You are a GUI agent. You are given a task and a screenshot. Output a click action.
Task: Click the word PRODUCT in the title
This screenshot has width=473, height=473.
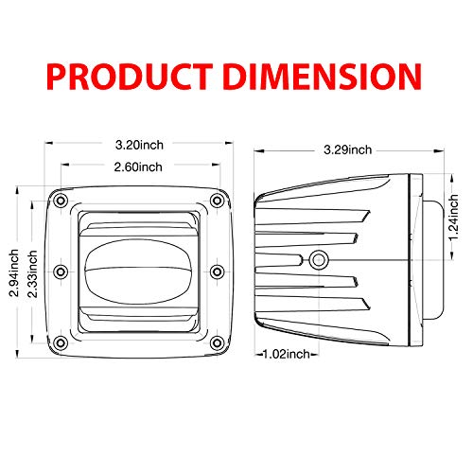[131, 75]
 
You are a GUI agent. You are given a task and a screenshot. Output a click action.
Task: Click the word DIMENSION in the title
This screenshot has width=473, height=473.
[319, 75]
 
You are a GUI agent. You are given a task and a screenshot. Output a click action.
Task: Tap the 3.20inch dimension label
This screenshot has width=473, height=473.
[138, 146]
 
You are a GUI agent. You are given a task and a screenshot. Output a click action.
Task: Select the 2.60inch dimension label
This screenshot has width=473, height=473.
[138, 167]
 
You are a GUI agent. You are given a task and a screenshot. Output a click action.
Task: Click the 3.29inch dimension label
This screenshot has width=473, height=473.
[346, 149]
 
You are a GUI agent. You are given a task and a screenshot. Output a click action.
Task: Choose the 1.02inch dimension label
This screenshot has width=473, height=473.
[286, 354]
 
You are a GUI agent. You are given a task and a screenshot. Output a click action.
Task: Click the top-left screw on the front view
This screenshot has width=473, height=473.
[61, 202]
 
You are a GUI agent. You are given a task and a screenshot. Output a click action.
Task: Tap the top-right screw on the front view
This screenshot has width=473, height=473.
[218, 202]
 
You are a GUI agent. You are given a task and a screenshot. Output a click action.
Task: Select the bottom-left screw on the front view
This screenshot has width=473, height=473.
[61, 341]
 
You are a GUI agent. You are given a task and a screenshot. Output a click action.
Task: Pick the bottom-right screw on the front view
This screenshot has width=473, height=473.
[218, 341]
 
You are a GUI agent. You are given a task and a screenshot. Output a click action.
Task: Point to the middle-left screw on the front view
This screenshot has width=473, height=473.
[61, 272]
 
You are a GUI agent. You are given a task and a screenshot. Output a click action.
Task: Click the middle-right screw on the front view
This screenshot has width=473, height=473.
[218, 272]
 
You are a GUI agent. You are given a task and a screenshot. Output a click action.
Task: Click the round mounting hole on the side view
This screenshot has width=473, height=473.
[320, 258]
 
